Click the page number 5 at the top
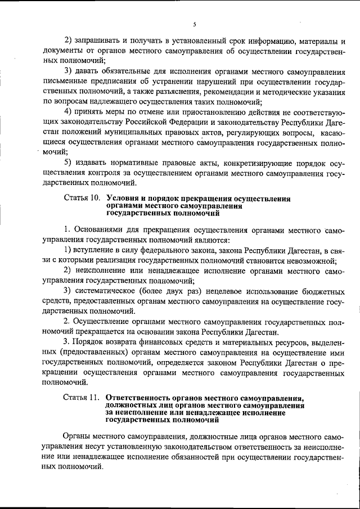point(193,24)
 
